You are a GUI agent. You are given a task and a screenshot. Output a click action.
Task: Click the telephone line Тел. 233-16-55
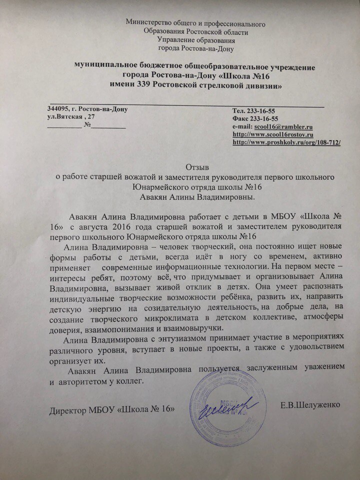point(255,111)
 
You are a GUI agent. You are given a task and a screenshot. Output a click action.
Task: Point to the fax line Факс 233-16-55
point(255,119)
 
